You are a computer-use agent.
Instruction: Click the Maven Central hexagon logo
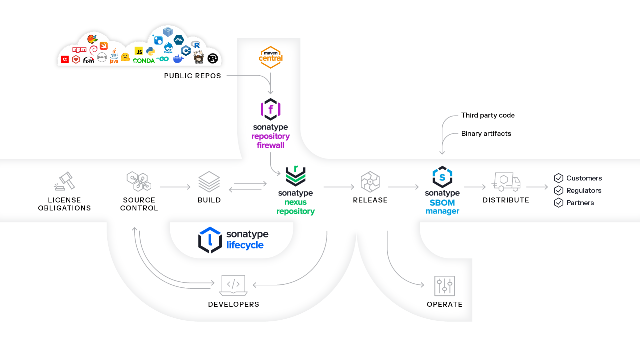tap(271, 57)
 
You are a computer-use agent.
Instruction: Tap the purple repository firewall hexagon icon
tap(271, 109)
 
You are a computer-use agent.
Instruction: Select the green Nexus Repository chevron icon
tap(296, 176)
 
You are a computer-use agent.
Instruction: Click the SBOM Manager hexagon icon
tap(442, 177)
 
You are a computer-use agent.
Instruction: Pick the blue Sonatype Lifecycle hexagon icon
tap(210, 240)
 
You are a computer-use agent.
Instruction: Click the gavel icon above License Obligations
tap(65, 181)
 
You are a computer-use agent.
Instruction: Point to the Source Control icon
tap(139, 181)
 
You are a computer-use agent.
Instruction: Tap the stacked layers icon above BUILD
tap(209, 181)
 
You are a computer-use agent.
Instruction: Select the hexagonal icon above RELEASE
tap(370, 182)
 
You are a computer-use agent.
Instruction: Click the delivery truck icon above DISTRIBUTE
tap(506, 181)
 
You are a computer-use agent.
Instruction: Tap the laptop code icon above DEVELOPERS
tap(233, 285)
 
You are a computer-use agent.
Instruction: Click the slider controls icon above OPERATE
tap(444, 286)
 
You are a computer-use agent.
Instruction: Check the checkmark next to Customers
tap(559, 178)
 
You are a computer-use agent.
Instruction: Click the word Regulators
tap(584, 190)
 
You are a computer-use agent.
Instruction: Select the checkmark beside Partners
tap(559, 203)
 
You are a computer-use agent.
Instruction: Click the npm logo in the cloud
tap(79, 50)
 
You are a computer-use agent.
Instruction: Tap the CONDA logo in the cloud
tap(144, 61)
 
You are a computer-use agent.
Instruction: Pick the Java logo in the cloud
tap(114, 56)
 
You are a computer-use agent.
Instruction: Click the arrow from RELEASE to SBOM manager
tap(403, 187)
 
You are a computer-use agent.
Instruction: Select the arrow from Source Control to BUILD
tap(175, 187)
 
